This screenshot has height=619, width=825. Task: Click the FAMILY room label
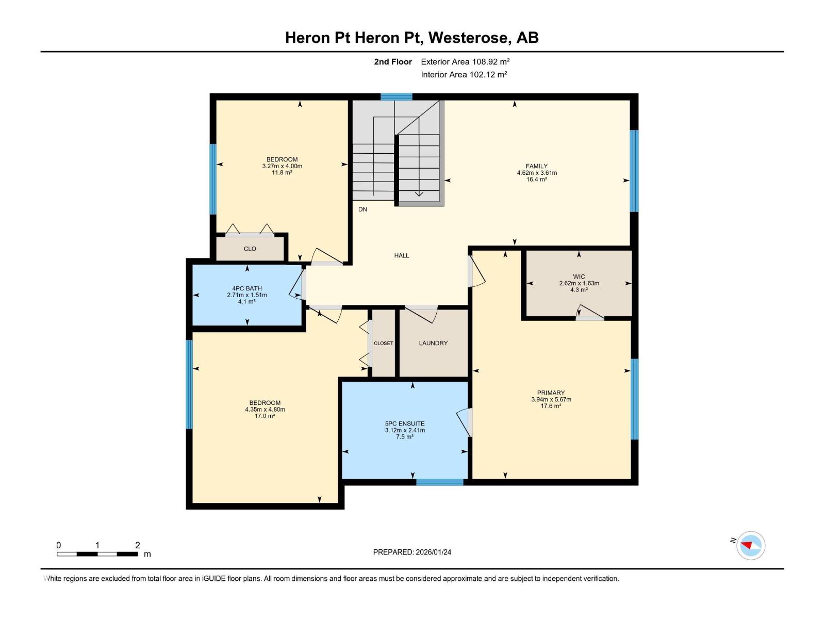(x=536, y=166)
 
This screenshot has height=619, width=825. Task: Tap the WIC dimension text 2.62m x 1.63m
(x=579, y=283)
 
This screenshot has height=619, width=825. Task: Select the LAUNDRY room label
(x=433, y=343)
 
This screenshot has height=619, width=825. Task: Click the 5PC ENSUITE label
(x=405, y=423)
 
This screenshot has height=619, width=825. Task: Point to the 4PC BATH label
(x=247, y=288)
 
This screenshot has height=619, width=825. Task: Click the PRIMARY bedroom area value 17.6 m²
(x=551, y=406)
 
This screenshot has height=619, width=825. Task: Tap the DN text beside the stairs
(x=362, y=209)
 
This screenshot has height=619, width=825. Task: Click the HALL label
(x=402, y=255)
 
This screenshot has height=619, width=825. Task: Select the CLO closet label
(x=250, y=249)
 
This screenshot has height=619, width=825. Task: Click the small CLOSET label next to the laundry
(x=383, y=343)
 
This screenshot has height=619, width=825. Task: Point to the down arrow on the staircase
(x=419, y=193)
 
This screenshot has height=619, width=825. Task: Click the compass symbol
(x=750, y=545)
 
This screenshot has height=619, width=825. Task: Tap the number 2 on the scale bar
(x=137, y=545)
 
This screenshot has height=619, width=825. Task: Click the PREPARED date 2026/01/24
(x=433, y=552)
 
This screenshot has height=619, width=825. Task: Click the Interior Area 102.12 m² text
(x=464, y=75)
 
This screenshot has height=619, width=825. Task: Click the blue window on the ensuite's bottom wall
(x=440, y=482)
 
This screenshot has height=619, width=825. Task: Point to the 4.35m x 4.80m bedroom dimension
(x=265, y=410)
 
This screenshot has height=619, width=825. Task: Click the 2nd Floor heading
(x=393, y=62)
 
